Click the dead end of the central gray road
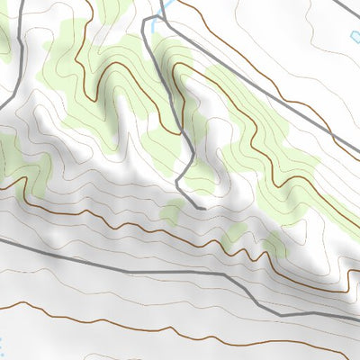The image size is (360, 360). coord(203,208)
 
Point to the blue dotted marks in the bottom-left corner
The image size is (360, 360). coord(3,345)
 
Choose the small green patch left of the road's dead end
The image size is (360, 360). coord(171,212)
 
